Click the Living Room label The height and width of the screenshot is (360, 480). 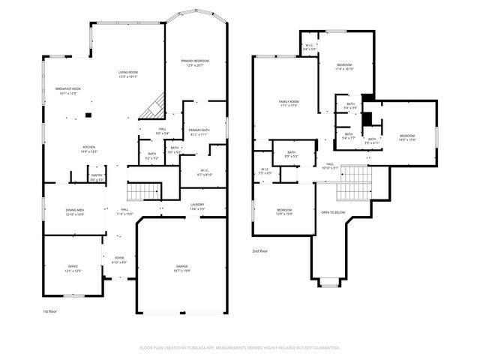coord(127,73)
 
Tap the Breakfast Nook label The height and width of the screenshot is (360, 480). coord(67,89)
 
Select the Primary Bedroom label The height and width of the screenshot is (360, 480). coord(194,61)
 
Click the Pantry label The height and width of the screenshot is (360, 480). coord(97,176)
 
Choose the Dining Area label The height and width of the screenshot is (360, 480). coord(73,210)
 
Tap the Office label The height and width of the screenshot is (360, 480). coord(73,267)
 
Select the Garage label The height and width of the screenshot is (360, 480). coord(181,267)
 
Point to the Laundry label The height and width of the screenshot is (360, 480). coord(197,205)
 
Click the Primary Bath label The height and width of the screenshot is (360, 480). coord(199,130)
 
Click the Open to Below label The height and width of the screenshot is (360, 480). coord(333,212)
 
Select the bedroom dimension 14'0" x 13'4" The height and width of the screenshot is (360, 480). coord(406,139)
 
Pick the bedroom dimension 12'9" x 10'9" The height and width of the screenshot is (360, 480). coord(284,214)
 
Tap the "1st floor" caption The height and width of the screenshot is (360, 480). coord(49,310)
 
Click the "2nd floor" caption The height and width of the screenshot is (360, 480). coord(259,251)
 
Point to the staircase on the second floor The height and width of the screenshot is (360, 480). coord(354,184)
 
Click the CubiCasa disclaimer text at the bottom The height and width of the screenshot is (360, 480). coord(240,348)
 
